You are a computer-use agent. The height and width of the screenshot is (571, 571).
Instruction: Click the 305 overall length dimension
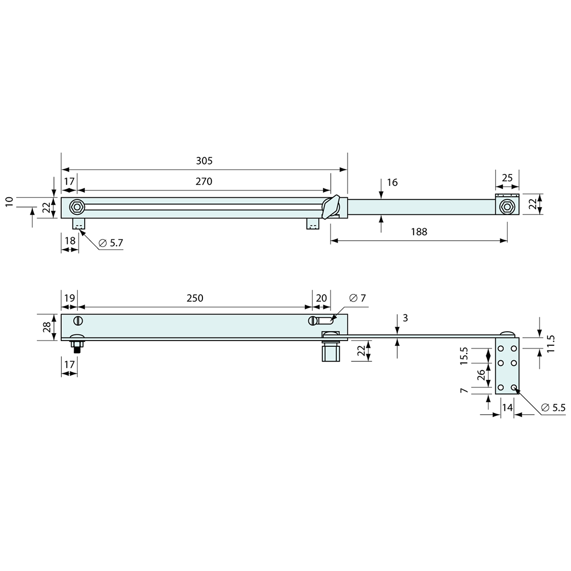pos(204,161)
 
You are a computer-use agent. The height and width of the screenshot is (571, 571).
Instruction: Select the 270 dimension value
pos(204,182)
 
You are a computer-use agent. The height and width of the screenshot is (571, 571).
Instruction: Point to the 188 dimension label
pos(418,232)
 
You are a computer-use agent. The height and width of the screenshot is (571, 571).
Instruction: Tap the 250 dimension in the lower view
pos(195,298)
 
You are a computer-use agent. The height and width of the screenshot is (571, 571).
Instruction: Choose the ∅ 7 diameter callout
pos(358,298)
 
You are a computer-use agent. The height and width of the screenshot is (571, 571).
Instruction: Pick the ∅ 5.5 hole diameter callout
pos(553,408)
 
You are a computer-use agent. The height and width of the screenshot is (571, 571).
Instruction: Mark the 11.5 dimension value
pos(551,344)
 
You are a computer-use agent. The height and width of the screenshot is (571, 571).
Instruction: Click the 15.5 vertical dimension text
pos(464,357)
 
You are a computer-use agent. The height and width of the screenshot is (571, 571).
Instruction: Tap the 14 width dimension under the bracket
pos(507,408)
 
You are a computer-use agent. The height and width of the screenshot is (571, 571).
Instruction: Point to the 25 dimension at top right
pos(507,178)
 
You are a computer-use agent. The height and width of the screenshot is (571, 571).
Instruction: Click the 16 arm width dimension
pos(392,182)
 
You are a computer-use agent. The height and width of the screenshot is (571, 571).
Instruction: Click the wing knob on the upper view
pos(331,207)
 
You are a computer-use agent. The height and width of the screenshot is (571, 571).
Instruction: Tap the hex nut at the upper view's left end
pos(77,207)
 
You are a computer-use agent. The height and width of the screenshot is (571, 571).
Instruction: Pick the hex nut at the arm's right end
pos(507,207)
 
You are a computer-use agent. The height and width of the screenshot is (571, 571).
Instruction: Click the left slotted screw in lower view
pos(79,320)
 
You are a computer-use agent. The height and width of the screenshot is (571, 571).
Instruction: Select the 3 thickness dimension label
pos(405,318)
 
